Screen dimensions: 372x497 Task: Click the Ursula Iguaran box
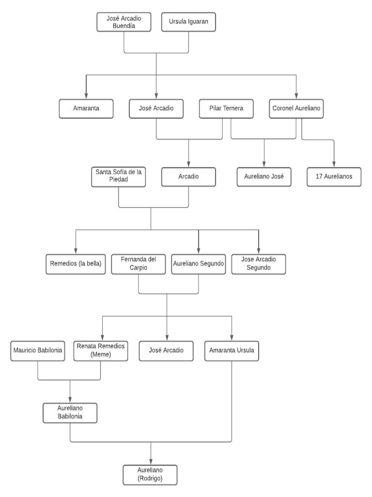188,22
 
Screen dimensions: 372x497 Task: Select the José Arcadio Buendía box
124,22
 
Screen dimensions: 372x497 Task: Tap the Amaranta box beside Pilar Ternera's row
86,109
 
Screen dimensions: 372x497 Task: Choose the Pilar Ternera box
226,109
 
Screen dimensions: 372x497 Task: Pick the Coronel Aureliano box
296,109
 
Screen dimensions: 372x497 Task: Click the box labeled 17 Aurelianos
334,177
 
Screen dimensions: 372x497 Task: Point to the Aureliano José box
264,177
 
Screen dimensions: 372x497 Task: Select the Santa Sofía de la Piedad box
119,177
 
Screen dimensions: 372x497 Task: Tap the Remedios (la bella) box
76,264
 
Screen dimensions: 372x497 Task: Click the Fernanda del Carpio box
138,264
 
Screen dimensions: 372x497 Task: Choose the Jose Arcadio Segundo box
259,264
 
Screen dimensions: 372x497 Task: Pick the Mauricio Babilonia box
38,351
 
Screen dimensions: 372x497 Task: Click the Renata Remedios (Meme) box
101,351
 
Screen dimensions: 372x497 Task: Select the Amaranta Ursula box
232,351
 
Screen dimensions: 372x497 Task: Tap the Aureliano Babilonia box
70,413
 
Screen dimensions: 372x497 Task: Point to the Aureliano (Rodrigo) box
150,475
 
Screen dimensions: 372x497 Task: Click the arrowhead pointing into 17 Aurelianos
334,164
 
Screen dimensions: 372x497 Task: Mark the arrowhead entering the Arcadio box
188,164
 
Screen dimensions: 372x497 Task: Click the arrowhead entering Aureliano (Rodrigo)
151,462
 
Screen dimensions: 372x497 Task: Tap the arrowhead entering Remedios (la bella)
76,251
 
